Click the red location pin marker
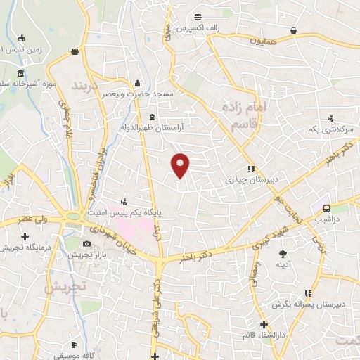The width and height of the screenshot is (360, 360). [x=181, y=165]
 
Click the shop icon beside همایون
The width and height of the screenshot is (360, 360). [x=292, y=30]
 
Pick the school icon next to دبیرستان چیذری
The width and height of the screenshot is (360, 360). [x=250, y=169]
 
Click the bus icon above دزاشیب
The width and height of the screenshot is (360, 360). [x=326, y=209]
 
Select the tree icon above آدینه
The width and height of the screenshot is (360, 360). [x=283, y=254]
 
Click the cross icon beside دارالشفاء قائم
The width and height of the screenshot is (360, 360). [x=264, y=325]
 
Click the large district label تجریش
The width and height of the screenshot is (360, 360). [x=64, y=287]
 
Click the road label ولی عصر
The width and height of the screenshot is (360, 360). [x=34, y=219]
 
